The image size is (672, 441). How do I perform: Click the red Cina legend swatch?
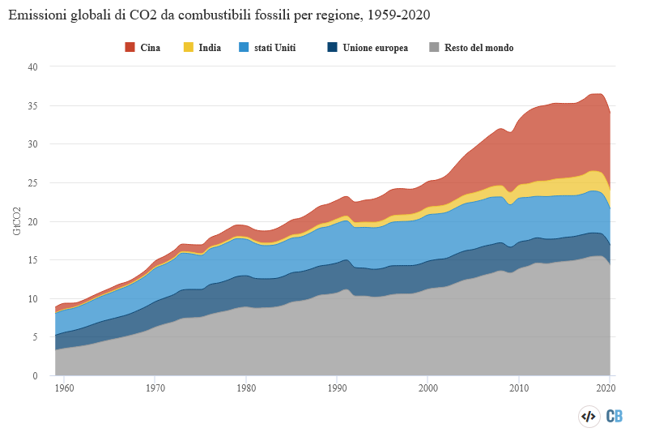click(x=130, y=48)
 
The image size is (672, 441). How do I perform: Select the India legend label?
click(x=210, y=48)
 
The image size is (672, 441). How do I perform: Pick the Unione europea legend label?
click(x=375, y=48)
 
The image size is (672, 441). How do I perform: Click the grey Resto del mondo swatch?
click(x=434, y=48)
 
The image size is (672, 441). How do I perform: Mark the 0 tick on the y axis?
click(x=36, y=376)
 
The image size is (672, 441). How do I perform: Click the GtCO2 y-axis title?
click(x=17, y=221)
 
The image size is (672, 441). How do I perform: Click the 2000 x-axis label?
click(x=429, y=388)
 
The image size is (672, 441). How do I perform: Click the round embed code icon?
click(x=588, y=417)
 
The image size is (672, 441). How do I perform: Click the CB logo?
click(x=615, y=417)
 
